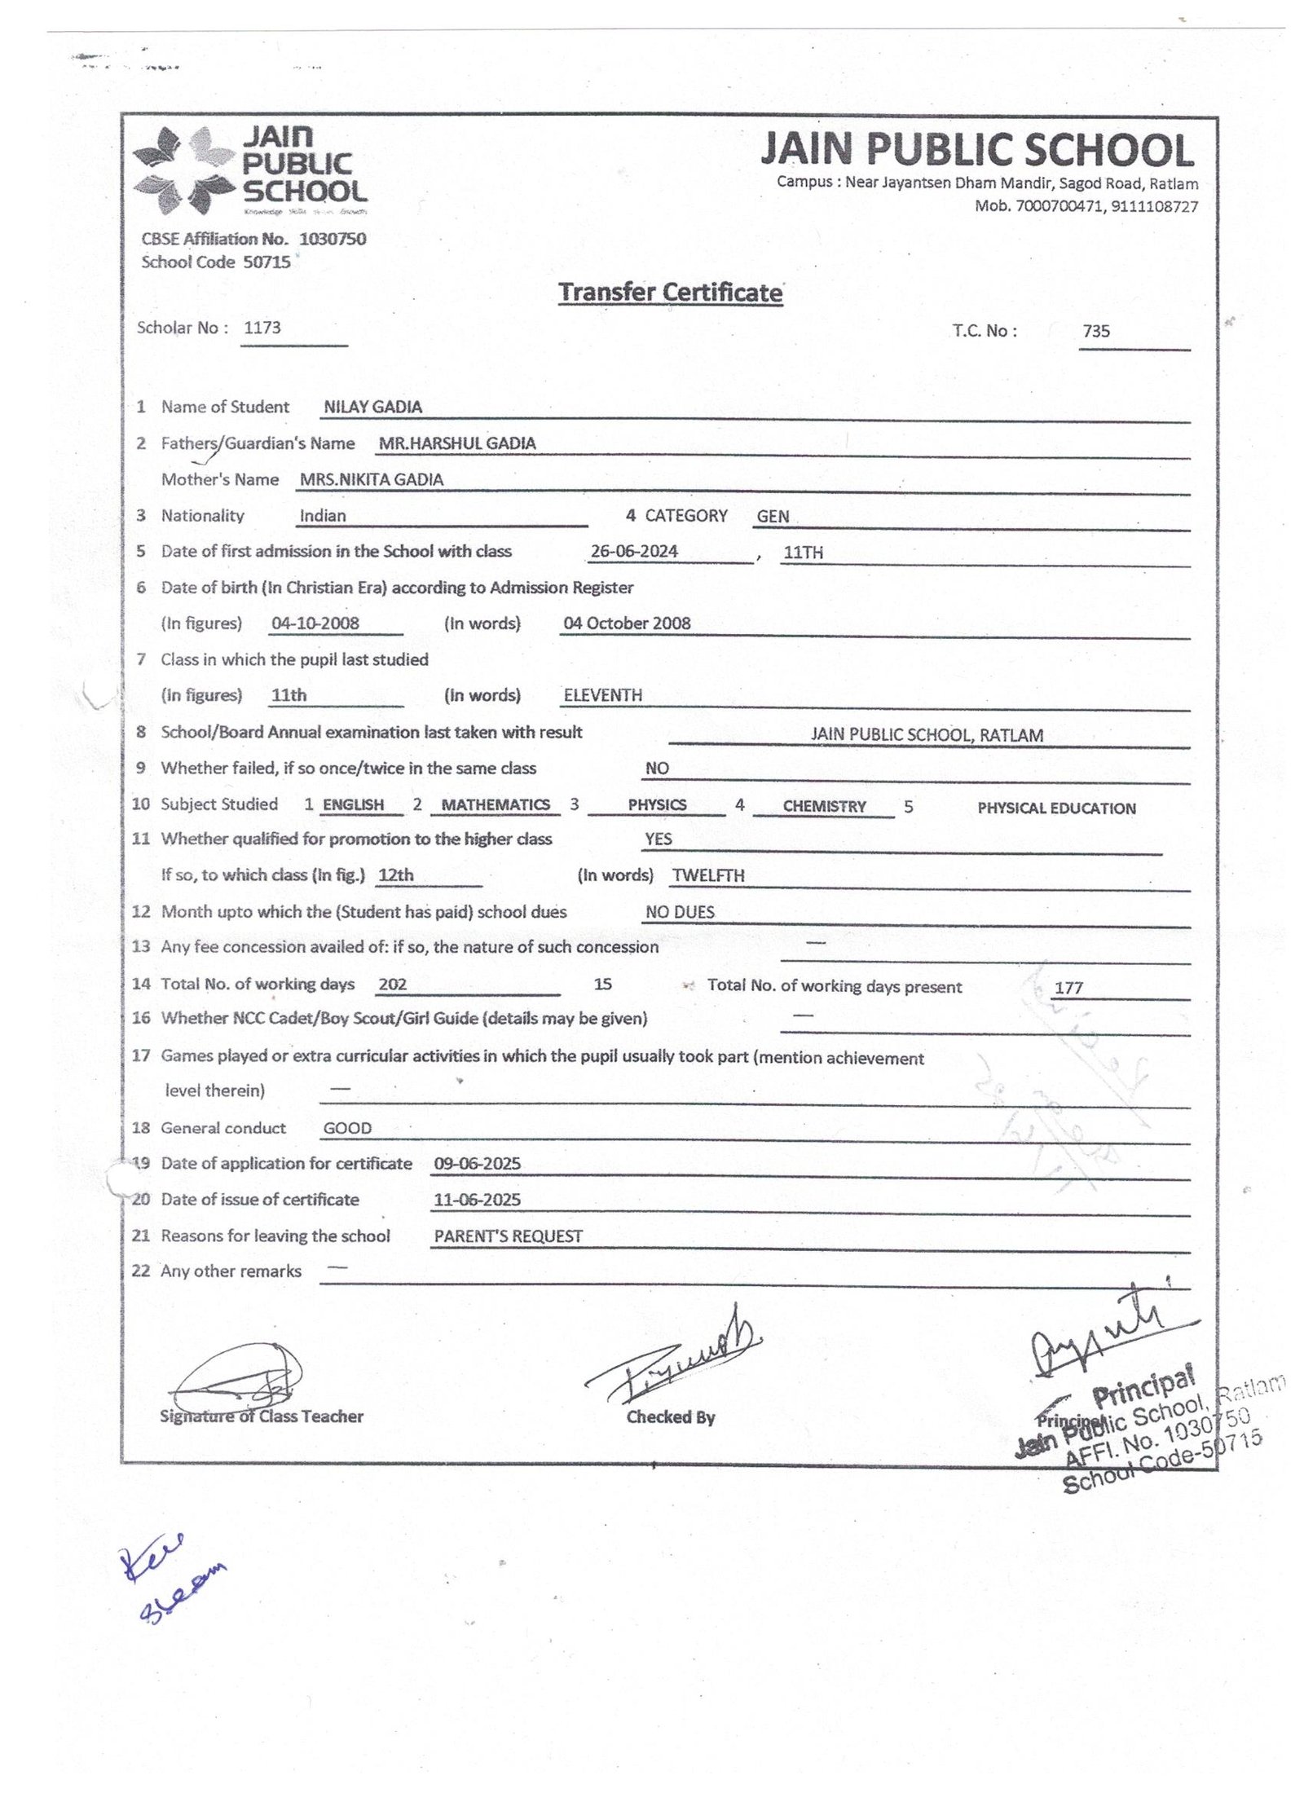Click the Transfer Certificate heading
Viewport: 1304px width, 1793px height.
670,293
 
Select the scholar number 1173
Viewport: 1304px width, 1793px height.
262,328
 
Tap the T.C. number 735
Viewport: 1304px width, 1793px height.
1096,331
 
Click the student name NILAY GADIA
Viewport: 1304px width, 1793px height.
372,407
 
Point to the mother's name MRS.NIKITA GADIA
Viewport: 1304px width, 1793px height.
372,480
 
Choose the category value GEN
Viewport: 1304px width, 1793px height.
773,517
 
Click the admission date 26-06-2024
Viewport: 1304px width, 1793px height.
634,552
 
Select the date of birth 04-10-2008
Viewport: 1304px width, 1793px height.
315,623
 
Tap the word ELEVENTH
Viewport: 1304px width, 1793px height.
603,695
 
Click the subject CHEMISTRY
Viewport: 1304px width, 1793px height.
824,807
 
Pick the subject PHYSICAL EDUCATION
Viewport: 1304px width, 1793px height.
1056,808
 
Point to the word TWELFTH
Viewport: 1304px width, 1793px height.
708,876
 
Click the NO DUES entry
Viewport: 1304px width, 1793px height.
680,912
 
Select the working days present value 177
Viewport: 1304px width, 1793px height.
1068,988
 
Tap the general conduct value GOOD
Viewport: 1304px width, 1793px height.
347,1129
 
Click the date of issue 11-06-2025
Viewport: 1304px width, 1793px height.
477,1200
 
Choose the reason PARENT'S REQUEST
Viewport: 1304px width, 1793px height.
508,1236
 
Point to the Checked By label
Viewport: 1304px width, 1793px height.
670,1417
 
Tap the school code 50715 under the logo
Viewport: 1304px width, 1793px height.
267,262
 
